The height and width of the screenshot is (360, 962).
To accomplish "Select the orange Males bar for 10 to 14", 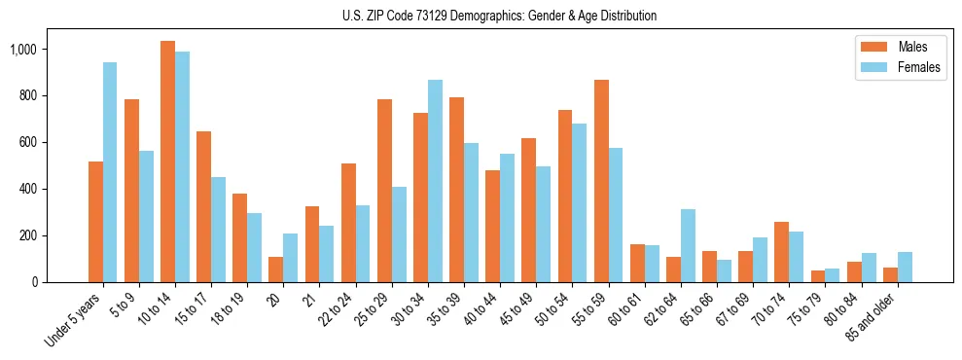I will [x=167, y=162].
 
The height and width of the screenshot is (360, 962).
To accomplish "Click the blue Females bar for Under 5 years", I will [x=110, y=172].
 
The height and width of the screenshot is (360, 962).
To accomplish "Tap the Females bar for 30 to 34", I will [x=435, y=181].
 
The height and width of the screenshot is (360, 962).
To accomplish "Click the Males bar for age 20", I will [x=275, y=270].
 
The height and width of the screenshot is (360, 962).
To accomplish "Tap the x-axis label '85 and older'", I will [x=874, y=316].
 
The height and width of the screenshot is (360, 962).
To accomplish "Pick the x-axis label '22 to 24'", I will [x=337, y=309].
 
